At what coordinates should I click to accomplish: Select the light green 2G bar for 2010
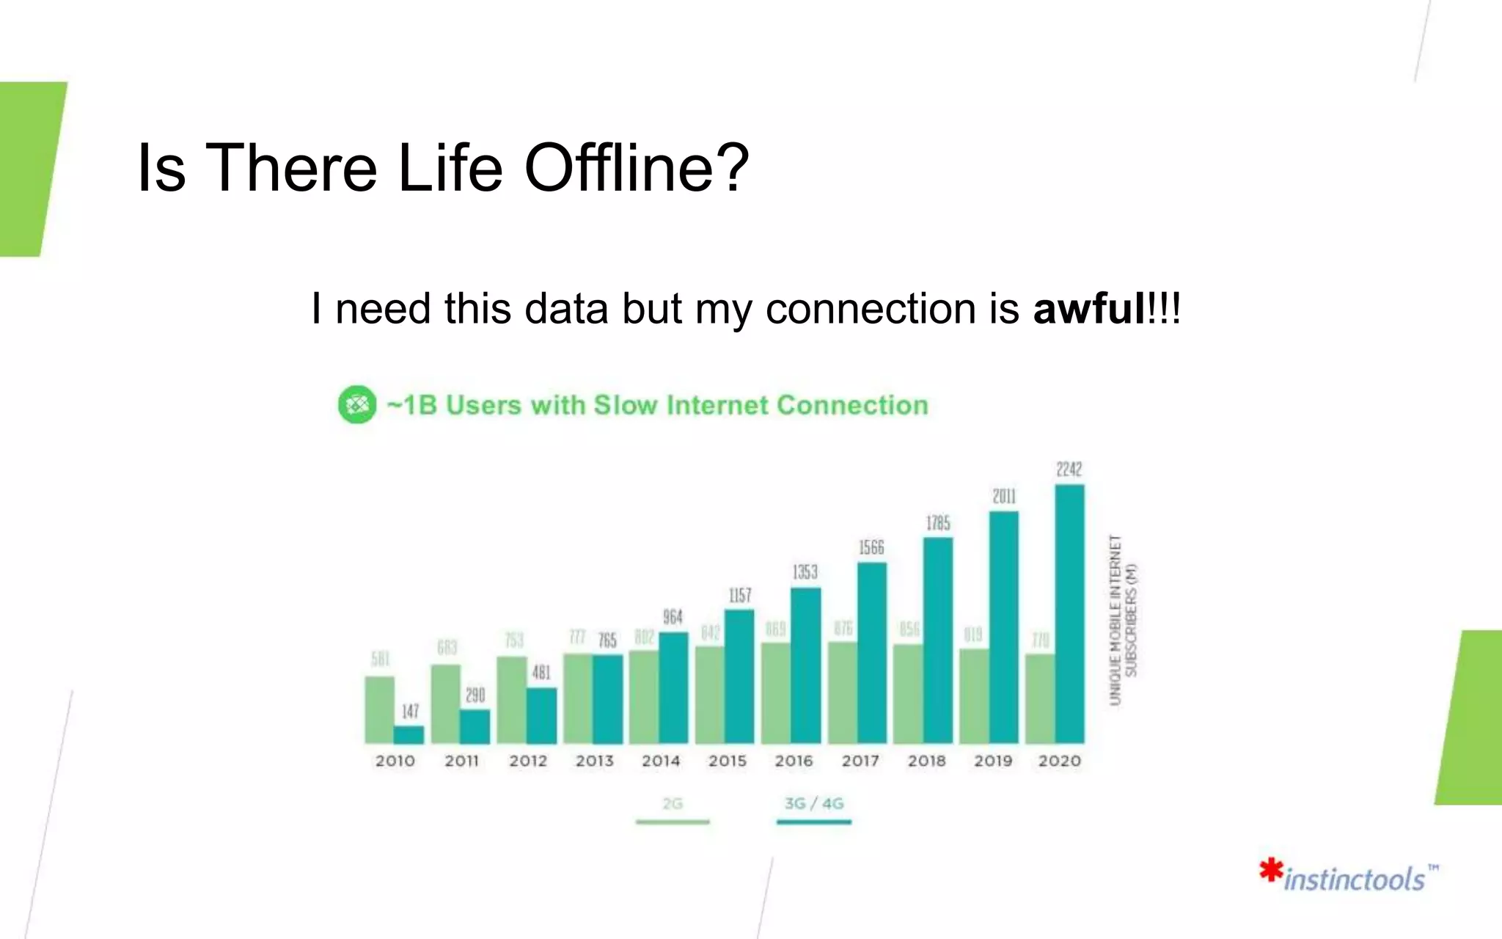click(379, 709)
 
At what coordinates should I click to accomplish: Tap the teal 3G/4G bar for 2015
click(739, 676)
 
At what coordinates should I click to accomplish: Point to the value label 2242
click(1069, 469)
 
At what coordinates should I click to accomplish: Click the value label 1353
click(805, 572)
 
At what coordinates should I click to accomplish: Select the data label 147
click(410, 711)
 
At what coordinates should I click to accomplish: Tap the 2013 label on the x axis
click(594, 761)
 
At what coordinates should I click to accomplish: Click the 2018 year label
click(926, 761)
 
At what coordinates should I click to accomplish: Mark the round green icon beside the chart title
click(357, 404)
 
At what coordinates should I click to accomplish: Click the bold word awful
click(1088, 308)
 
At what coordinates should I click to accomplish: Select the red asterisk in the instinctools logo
click(1271, 871)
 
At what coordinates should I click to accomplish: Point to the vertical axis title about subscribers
click(1123, 620)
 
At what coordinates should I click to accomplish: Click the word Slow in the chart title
click(625, 405)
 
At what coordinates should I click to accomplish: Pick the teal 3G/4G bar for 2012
click(541, 715)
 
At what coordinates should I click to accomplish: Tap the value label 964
click(673, 617)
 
